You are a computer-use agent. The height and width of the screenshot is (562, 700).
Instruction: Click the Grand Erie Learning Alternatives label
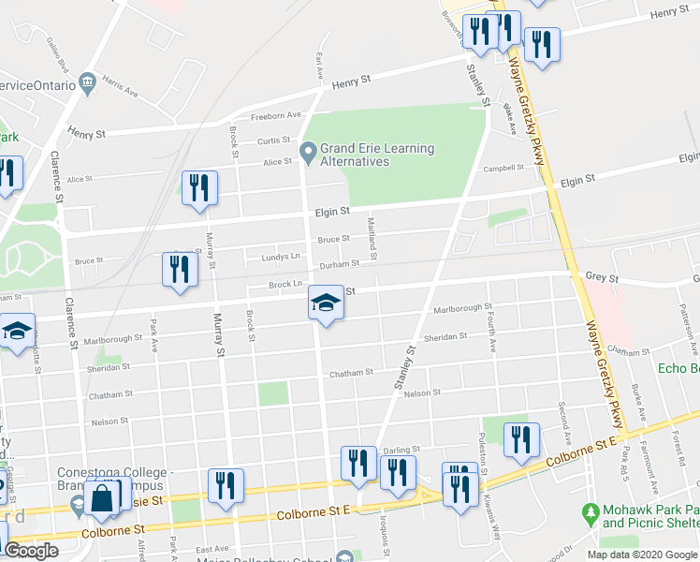click(x=377, y=155)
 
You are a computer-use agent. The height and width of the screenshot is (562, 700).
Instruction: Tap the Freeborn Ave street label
click(x=275, y=116)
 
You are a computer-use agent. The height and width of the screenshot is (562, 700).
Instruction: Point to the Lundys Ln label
click(x=282, y=256)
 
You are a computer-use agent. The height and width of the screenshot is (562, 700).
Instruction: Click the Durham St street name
click(x=340, y=266)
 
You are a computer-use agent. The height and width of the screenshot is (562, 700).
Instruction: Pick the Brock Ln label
click(x=285, y=284)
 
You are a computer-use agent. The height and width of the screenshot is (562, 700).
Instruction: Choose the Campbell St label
click(x=503, y=170)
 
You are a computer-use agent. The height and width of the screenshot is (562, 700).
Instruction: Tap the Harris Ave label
click(x=121, y=87)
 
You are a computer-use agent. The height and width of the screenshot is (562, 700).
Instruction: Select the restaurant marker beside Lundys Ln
click(x=178, y=270)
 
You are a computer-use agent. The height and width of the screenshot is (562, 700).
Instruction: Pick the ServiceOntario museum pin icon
click(x=88, y=81)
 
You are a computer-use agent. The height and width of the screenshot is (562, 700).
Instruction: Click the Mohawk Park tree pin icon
click(x=590, y=512)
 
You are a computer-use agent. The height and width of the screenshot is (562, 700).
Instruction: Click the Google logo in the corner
click(x=31, y=552)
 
